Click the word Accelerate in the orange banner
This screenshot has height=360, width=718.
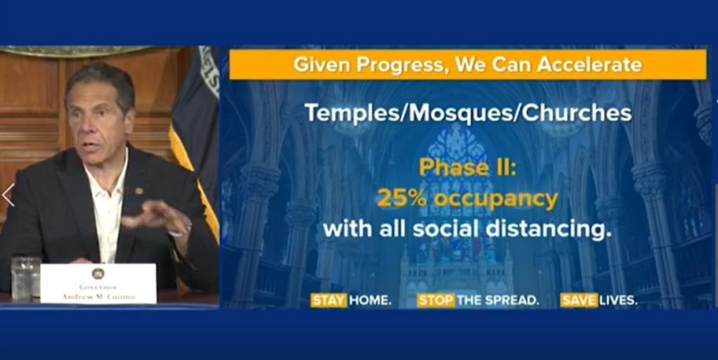click(590, 64)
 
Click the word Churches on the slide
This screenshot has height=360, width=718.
click(577, 112)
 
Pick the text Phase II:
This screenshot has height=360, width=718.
click(467, 168)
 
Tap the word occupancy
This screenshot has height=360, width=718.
click(496, 200)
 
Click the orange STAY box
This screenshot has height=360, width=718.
click(329, 300)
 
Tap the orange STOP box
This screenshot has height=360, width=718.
click(436, 300)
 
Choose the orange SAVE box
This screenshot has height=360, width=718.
click(579, 300)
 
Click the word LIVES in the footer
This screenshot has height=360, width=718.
click(618, 300)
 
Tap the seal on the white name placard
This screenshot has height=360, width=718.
click(98, 274)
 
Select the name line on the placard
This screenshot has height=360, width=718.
click(98, 296)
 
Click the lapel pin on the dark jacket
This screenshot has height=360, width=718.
click(138, 191)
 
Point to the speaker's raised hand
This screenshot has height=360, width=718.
click(156, 217)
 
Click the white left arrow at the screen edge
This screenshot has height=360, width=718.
click(8, 195)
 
